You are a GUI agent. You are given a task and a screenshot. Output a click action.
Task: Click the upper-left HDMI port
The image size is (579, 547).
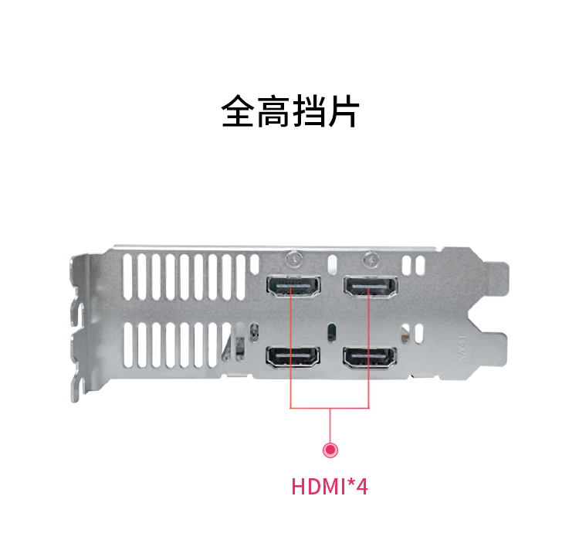[293, 287]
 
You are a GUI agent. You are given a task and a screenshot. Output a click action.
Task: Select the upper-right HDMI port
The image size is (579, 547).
[371, 287]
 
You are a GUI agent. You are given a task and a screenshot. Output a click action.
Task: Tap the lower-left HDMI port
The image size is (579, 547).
[293, 358]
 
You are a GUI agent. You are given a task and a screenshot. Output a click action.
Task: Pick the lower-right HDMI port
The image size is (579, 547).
[370, 358]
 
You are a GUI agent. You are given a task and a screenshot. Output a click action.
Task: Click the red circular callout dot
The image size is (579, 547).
[330, 450]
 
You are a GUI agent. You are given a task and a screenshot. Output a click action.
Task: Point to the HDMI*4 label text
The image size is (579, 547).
[330, 487]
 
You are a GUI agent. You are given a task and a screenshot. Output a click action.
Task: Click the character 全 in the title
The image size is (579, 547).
[239, 111]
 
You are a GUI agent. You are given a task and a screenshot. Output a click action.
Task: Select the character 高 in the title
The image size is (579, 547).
[273, 111]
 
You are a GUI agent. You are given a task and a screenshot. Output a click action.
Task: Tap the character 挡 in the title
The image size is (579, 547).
[308, 111]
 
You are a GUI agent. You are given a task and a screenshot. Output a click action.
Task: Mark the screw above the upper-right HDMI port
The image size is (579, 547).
[371, 259]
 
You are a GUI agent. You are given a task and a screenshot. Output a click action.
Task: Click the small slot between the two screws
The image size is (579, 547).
[332, 263]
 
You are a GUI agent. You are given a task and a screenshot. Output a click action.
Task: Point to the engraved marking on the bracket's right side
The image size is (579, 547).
[462, 349]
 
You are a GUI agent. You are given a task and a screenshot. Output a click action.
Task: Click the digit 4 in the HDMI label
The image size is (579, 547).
[362, 487]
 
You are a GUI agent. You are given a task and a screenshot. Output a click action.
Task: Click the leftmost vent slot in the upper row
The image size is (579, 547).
[127, 277]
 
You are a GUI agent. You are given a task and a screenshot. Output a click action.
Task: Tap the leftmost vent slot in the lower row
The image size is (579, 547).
[127, 345]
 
